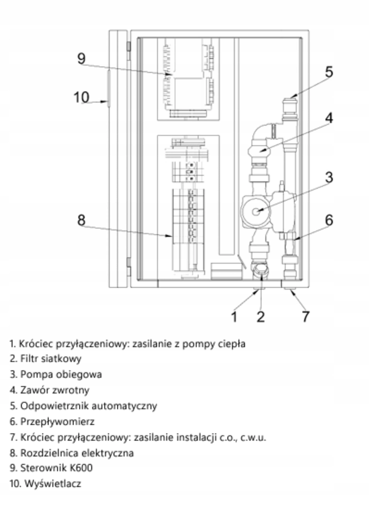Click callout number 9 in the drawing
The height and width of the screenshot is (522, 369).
point(81,58)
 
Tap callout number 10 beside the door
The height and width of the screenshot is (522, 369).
point(81,97)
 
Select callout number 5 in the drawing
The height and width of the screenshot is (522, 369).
point(329,72)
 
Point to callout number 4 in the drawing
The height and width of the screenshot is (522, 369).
point(329,118)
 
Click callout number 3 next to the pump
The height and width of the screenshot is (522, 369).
point(329,177)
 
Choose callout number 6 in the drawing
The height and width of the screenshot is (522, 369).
point(329,220)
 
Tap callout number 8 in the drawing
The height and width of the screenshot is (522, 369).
point(81,220)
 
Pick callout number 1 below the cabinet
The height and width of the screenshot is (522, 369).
point(234,317)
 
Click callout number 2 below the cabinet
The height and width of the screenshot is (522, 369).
point(261,317)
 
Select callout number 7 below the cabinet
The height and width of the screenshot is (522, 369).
point(306,317)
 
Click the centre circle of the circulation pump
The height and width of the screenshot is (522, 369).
point(256,212)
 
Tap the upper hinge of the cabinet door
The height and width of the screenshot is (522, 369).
point(129,46)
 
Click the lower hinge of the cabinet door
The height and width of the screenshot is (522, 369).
point(129,262)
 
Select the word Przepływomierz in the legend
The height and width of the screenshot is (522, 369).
point(57,422)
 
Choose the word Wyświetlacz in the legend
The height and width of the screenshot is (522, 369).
point(53,484)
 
